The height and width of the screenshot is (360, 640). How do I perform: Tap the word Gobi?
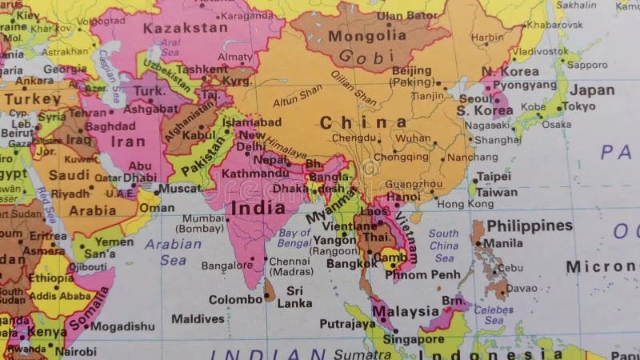(367, 56)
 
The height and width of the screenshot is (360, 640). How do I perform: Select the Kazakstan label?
(185, 28)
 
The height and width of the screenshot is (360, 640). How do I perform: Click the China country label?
(362, 122)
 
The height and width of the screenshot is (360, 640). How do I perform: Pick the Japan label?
(592, 90)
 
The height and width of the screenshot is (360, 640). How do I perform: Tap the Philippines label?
(530, 226)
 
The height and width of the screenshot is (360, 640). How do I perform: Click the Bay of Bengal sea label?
(294, 238)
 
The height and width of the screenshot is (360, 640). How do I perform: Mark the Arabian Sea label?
(173, 250)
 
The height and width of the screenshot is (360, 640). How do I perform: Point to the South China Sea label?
(443, 246)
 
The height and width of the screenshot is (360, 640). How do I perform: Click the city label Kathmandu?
(254, 173)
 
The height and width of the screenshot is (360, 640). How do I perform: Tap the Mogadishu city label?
(122, 326)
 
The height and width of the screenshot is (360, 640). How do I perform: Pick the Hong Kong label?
(465, 204)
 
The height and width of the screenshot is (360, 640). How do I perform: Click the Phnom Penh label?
(422, 275)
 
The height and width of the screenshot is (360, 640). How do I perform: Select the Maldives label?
(198, 318)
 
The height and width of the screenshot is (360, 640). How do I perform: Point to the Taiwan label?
(497, 192)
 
